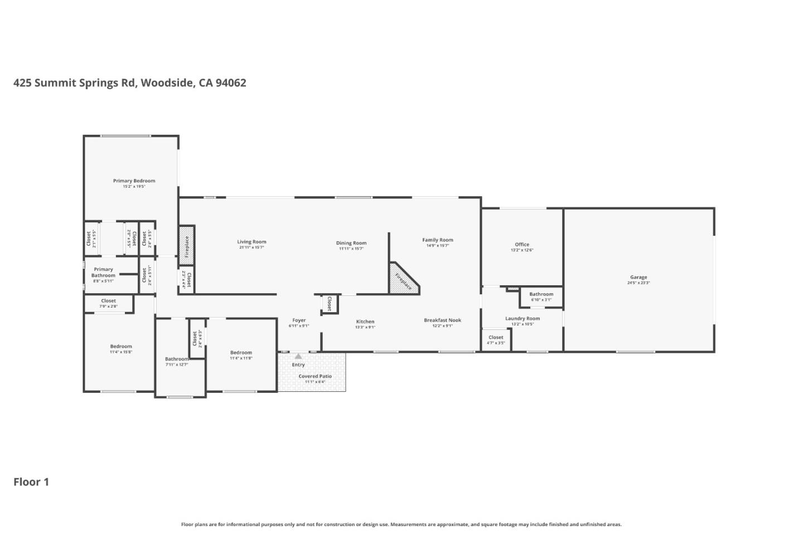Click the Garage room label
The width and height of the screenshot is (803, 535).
pyautogui.click(x=638, y=277)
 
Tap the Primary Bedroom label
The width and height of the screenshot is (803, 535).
pyautogui.click(x=134, y=181)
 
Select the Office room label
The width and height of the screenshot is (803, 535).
pyautogui.click(x=522, y=244)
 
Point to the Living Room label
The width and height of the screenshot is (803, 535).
pyautogui.click(x=251, y=242)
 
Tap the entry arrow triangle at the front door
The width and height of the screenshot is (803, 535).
pyautogui.click(x=298, y=356)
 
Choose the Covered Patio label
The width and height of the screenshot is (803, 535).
pyautogui.click(x=315, y=376)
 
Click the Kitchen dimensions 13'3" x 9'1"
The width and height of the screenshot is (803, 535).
pyautogui.click(x=365, y=327)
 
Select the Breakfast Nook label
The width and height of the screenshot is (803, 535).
pyautogui.click(x=442, y=320)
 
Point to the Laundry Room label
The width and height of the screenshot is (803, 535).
pyautogui.click(x=523, y=318)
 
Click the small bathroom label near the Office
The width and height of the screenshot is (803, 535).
pyautogui.click(x=541, y=294)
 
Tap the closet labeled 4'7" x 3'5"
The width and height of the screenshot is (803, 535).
pyautogui.click(x=496, y=339)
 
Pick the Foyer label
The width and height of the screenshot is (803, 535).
pyautogui.click(x=299, y=320)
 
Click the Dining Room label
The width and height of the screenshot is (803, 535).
pyautogui.click(x=351, y=243)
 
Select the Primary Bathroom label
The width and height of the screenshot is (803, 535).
pyautogui.click(x=103, y=272)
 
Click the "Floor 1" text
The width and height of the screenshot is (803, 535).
pyautogui.click(x=31, y=482)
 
